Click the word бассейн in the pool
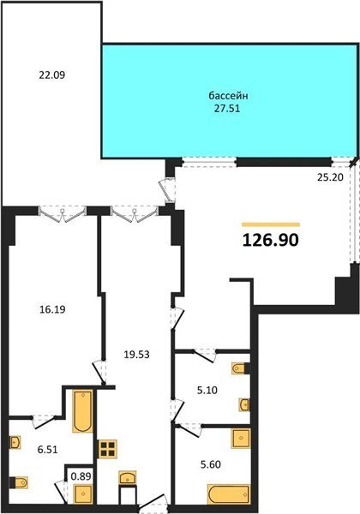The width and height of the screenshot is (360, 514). click(x=228, y=96)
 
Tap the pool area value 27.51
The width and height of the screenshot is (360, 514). click(x=227, y=109)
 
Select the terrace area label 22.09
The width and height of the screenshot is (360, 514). click(x=51, y=75)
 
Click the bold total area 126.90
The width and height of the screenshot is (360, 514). click(x=271, y=240)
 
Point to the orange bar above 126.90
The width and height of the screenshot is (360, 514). click(x=271, y=224)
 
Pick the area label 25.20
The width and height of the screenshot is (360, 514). click(x=330, y=177)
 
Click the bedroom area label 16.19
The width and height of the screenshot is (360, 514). click(x=52, y=309)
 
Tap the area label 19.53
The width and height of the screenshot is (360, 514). click(x=137, y=354)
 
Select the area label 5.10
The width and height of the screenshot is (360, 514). click(x=207, y=391)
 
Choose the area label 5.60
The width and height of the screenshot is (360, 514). click(x=211, y=464)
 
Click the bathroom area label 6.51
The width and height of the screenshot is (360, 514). click(x=47, y=450)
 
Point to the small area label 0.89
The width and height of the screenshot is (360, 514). click(x=81, y=475)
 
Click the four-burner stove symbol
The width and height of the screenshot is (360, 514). click(x=108, y=449)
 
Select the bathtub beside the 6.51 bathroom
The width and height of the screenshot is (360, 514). click(x=83, y=410)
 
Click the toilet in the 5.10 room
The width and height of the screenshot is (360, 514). click(x=241, y=368)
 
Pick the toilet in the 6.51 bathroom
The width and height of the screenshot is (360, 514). click(x=19, y=482)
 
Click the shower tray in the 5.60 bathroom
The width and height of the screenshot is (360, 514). click(x=242, y=438)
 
